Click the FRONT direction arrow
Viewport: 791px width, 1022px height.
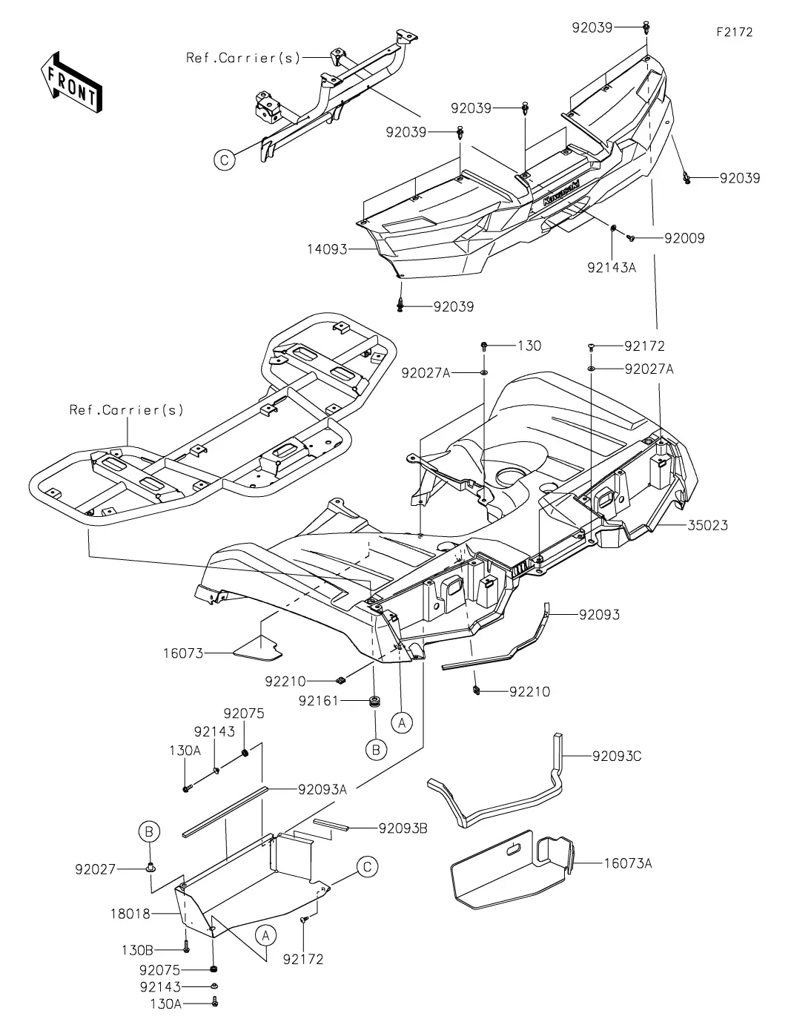point(71,82)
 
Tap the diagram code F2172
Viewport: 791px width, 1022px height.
point(734,33)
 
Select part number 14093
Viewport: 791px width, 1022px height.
point(328,249)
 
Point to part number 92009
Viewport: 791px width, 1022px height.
point(684,238)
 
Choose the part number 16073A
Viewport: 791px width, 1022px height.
point(628,863)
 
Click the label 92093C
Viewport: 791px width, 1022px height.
point(617,756)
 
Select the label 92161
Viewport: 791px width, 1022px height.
point(319,699)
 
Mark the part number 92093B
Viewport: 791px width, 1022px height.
point(403,828)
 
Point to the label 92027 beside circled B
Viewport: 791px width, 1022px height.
point(95,868)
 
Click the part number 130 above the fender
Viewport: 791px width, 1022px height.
point(529,346)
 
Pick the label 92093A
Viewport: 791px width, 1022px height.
point(322,790)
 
